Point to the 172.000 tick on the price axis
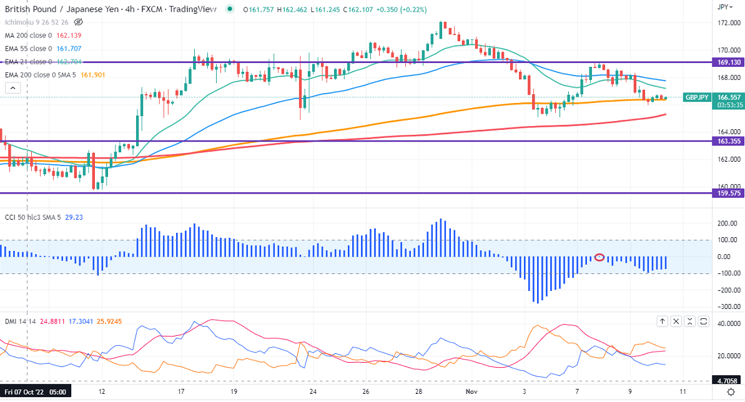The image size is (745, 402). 725,23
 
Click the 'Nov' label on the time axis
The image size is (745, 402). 471,391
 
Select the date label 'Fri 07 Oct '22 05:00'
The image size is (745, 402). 35,391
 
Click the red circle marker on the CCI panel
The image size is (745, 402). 599,257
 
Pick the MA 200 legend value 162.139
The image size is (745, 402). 69,36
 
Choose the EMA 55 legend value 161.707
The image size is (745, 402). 69,49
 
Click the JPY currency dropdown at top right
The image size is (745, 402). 723,7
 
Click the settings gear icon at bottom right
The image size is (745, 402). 731,391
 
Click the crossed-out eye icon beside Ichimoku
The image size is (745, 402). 78,22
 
